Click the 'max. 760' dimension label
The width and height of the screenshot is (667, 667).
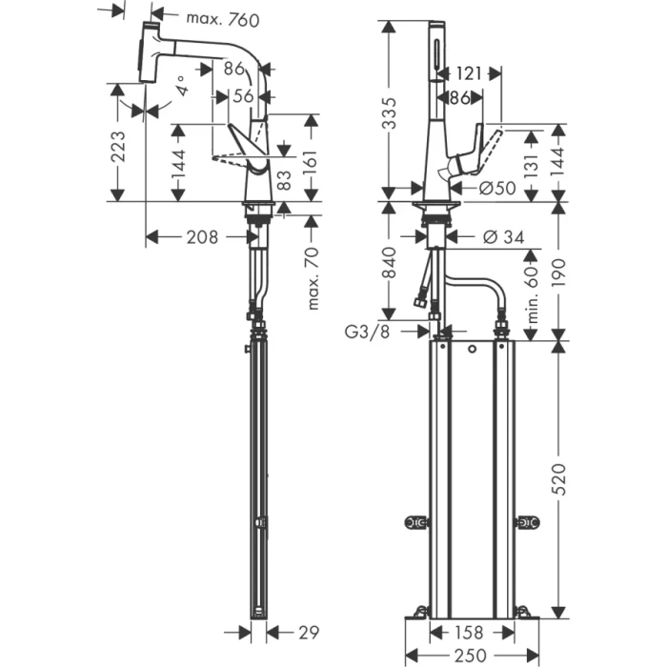pyautogui.click(x=221, y=18)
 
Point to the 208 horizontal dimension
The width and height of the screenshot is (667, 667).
pyautogui.click(x=201, y=236)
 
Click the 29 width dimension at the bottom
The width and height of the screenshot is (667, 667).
pyautogui.click(x=307, y=631)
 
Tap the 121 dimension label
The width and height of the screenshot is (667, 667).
pyautogui.click(x=467, y=71)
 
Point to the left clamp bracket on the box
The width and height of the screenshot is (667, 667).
pyautogui.click(x=415, y=521)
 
